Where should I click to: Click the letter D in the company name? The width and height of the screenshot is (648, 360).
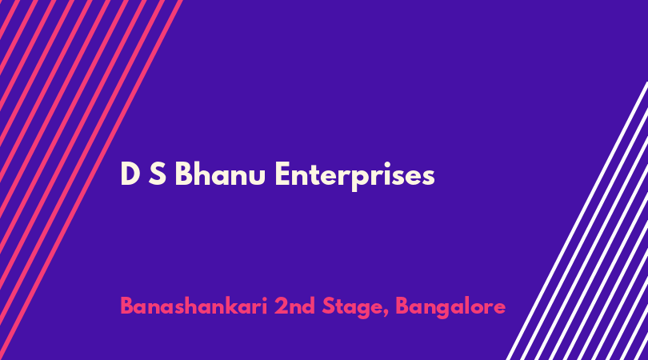130,174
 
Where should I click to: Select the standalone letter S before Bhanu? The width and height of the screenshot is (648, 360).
158,174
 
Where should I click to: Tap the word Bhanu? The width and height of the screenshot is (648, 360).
220,173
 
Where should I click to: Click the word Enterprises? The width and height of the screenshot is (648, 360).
354,176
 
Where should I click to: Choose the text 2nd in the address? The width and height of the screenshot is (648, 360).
294,306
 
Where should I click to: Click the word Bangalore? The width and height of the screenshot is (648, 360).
450,307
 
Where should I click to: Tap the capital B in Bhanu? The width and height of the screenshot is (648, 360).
184,174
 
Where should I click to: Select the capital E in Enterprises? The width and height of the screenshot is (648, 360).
282,174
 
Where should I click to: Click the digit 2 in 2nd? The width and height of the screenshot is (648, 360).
282,306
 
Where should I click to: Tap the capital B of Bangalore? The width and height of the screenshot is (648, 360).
403,306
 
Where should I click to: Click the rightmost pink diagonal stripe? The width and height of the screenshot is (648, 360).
91,180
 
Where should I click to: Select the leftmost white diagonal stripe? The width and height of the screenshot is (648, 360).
577,221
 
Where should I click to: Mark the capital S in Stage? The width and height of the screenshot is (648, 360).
330,306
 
